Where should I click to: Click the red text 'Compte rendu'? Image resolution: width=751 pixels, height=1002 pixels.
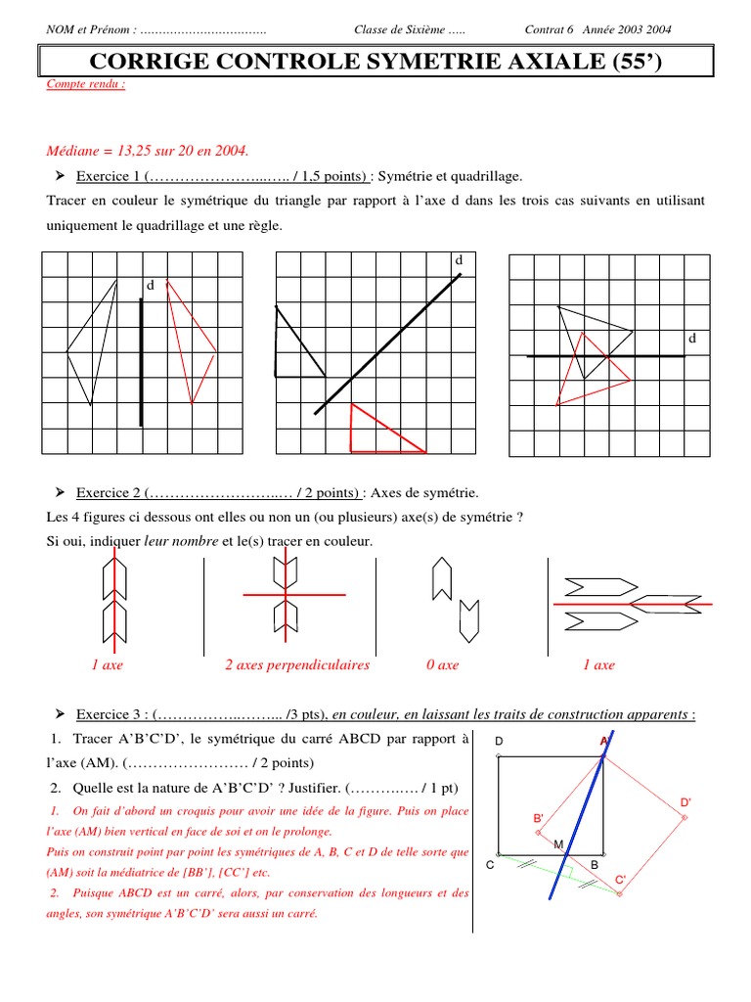[86, 84]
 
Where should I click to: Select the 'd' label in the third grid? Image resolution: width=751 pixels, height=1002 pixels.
[692, 338]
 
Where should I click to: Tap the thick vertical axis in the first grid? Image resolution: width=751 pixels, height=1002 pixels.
[142, 362]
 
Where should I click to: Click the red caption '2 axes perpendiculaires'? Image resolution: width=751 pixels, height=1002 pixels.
[297, 665]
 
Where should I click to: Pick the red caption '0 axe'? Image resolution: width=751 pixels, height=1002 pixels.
[442, 665]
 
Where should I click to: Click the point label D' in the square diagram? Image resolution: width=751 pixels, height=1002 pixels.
[685, 803]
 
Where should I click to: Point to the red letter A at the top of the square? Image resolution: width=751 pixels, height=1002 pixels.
[603, 742]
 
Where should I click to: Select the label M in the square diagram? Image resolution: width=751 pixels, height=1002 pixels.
[558, 844]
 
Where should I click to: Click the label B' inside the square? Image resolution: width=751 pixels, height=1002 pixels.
[538, 818]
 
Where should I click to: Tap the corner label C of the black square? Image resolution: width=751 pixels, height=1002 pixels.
[489, 866]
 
